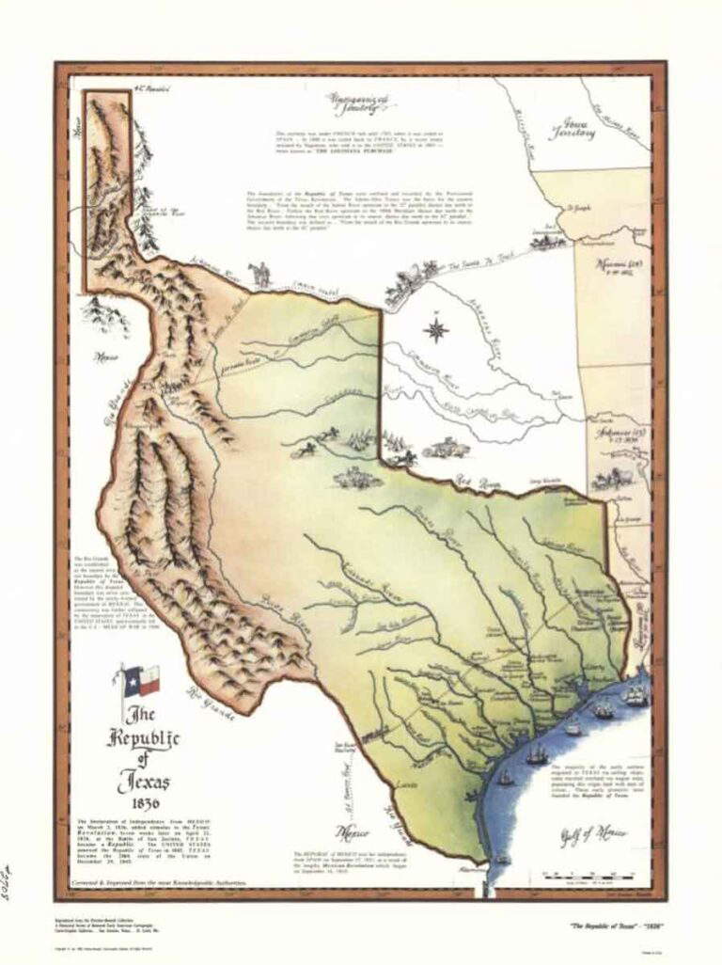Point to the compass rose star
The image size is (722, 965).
436,330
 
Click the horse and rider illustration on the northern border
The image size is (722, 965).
259,275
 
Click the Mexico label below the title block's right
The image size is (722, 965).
354,831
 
